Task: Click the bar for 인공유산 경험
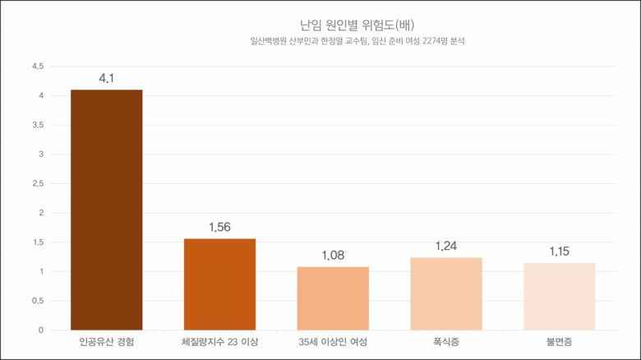point(107,210)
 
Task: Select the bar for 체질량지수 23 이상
point(219,284)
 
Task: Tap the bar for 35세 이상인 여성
point(333,298)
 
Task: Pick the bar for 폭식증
point(446,293)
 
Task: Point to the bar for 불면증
point(560,297)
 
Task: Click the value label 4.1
point(107,79)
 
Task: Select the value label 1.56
point(219,228)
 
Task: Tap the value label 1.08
point(333,256)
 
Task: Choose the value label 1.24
point(446,247)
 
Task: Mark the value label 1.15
point(560,252)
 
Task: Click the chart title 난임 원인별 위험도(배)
point(357,24)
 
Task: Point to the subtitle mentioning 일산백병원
point(357,41)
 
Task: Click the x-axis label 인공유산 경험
point(107,341)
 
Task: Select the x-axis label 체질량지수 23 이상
point(219,341)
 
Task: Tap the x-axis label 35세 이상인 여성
point(333,341)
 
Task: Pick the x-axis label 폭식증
point(446,341)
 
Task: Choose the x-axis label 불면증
point(560,341)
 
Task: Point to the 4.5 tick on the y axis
point(37,67)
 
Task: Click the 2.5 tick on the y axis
point(37,183)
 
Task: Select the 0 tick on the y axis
point(40,330)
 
